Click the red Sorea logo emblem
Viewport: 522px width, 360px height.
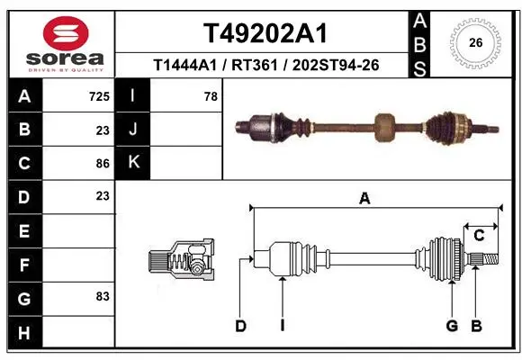[x=66, y=33]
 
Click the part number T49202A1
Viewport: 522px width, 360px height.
[x=265, y=33]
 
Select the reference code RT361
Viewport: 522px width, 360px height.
[x=255, y=66]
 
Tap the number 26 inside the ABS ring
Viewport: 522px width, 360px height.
[x=476, y=42]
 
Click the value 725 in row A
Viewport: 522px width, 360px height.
[x=99, y=96]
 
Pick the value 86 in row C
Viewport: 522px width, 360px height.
[x=103, y=164]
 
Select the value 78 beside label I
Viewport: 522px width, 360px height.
[x=211, y=96]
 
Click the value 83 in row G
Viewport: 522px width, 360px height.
[x=103, y=296]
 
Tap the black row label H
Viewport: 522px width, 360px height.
[x=25, y=332]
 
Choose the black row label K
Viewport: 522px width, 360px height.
[x=132, y=163]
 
